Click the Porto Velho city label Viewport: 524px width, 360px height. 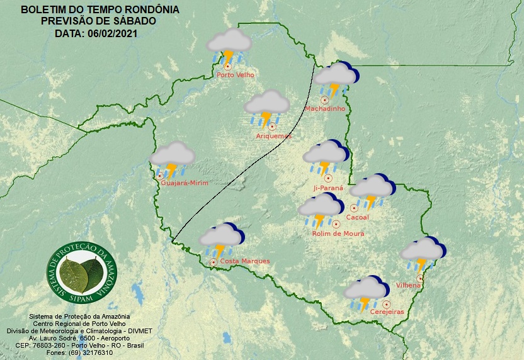coord(235,75)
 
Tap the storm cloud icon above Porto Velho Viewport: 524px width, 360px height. coord(229,45)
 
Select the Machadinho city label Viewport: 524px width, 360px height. coord(325,109)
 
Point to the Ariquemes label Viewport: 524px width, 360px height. coord(274,136)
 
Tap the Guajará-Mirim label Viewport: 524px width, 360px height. coord(185,183)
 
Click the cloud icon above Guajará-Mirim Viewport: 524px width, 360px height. coord(172,158)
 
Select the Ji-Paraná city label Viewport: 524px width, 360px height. coord(328,188)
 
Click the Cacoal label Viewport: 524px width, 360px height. coord(357,217)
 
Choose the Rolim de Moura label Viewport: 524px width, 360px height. coord(338,233)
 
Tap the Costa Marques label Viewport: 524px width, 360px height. coord(245,261)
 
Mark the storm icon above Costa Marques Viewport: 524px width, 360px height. coord(221,239)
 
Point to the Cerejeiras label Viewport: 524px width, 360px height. coord(387,312)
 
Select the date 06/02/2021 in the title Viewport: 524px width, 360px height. coord(110,33)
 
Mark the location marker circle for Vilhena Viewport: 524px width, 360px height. coord(420,278)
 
